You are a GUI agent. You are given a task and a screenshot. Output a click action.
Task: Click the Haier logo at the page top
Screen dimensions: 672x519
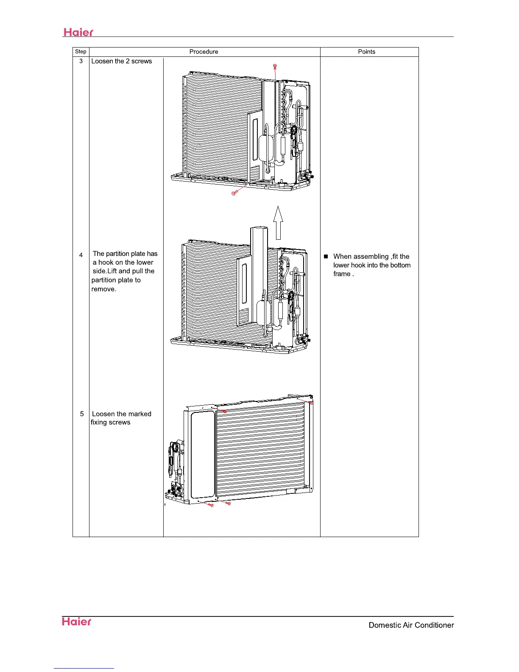click(x=78, y=32)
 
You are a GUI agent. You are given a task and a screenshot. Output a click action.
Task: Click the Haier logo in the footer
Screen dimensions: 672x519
click(x=77, y=622)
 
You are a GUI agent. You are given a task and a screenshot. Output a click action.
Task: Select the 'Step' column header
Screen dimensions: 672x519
click(x=81, y=52)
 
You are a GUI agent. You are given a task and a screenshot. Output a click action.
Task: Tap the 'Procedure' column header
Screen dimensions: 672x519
click(x=204, y=52)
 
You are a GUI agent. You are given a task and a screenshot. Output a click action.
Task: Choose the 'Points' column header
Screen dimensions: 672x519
click(x=366, y=52)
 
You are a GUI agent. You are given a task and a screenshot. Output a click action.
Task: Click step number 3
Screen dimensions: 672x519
click(x=81, y=61)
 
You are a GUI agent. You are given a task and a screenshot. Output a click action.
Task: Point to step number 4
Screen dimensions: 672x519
click(x=81, y=255)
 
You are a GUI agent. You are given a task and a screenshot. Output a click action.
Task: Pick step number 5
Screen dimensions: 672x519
click(x=82, y=414)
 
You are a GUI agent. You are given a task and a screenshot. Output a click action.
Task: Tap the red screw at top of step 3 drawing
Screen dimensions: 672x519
click(x=275, y=67)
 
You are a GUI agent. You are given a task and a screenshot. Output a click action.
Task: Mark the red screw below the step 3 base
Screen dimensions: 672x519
click(x=234, y=193)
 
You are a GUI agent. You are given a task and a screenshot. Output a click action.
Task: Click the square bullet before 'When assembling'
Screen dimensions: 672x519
click(x=326, y=257)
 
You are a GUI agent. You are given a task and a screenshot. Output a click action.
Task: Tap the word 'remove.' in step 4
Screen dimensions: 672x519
click(x=104, y=289)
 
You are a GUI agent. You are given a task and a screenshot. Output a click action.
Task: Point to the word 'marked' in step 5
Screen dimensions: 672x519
click(x=140, y=414)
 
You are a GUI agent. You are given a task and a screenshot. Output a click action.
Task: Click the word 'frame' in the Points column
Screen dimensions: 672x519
click(x=342, y=274)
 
